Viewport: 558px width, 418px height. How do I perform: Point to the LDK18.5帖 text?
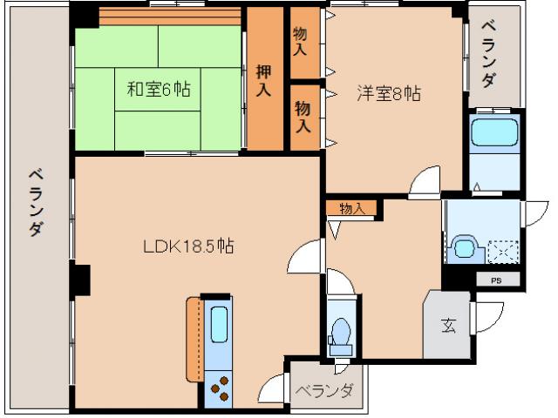point(188,246)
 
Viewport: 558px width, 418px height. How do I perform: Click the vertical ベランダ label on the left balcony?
point(35,201)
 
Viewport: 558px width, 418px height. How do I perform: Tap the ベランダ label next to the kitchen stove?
point(323,391)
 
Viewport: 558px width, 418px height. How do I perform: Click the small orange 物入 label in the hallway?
point(351,208)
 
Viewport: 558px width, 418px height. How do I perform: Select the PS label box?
point(496,280)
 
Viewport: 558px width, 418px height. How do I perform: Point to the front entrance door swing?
point(488,318)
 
